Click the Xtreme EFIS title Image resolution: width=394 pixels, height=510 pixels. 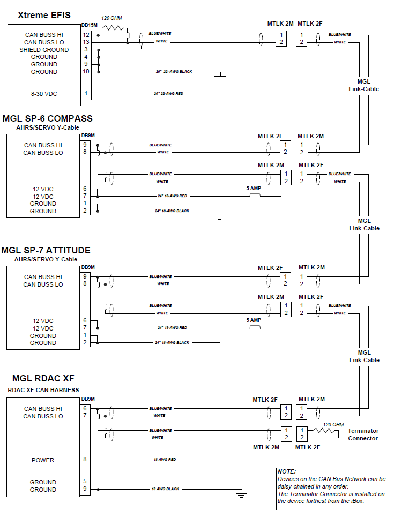pos(44,15)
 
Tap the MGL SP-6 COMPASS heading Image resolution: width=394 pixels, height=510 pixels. pos(47,118)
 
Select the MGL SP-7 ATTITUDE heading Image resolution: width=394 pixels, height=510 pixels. pos(46,250)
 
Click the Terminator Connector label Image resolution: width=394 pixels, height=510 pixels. pos(363,434)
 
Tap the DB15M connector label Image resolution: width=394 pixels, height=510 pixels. pos(89,25)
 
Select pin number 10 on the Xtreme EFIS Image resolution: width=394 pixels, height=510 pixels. pos(86,72)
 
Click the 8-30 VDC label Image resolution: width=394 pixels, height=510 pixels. pos(44,94)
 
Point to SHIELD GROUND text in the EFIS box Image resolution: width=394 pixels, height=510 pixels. pos(44,50)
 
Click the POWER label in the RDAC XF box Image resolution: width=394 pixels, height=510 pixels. pos(43,460)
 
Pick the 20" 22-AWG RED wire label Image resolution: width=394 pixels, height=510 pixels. pos(168,94)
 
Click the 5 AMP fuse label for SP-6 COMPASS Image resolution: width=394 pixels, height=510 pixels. pos(255,189)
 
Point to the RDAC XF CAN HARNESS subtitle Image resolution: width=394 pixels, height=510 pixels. pos(43,390)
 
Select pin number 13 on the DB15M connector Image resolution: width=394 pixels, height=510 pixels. pos(86,42)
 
